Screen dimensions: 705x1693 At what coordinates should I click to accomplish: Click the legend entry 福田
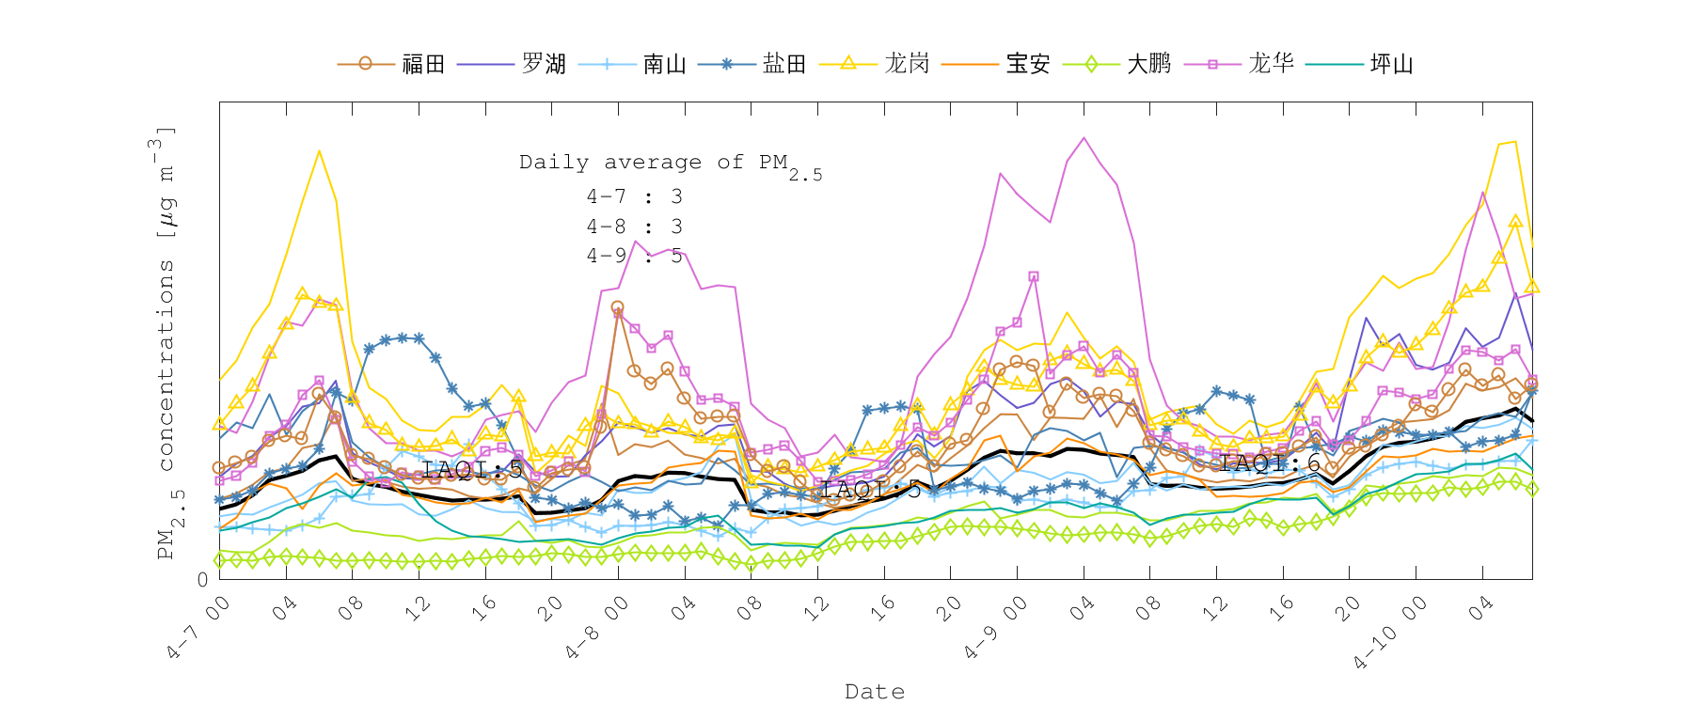point(423,64)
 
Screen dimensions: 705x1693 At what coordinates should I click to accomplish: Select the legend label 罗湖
point(544,64)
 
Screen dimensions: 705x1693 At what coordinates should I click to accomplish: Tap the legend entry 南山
point(664,64)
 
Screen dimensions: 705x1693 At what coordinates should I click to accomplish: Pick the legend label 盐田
point(784,64)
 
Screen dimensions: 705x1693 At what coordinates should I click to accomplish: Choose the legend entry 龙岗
point(907,64)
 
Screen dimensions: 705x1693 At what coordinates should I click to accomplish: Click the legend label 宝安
point(1028,64)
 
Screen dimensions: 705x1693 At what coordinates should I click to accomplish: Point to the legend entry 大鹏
point(1148,64)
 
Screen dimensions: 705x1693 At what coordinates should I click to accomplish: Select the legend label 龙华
point(1271,64)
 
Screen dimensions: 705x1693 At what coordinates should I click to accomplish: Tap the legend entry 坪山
point(1392,64)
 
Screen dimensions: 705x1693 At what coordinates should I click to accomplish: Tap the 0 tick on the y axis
point(203,579)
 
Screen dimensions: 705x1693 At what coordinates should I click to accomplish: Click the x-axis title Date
point(875,692)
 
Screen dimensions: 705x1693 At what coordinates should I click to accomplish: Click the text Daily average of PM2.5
point(670,164)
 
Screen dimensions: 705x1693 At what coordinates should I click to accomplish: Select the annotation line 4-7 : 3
point(634,196)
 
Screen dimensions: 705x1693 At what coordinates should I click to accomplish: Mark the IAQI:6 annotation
point(1271,463)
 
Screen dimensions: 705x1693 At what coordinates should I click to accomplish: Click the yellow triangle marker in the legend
point(847,63)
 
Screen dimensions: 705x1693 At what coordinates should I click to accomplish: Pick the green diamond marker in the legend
point(1091,64)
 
